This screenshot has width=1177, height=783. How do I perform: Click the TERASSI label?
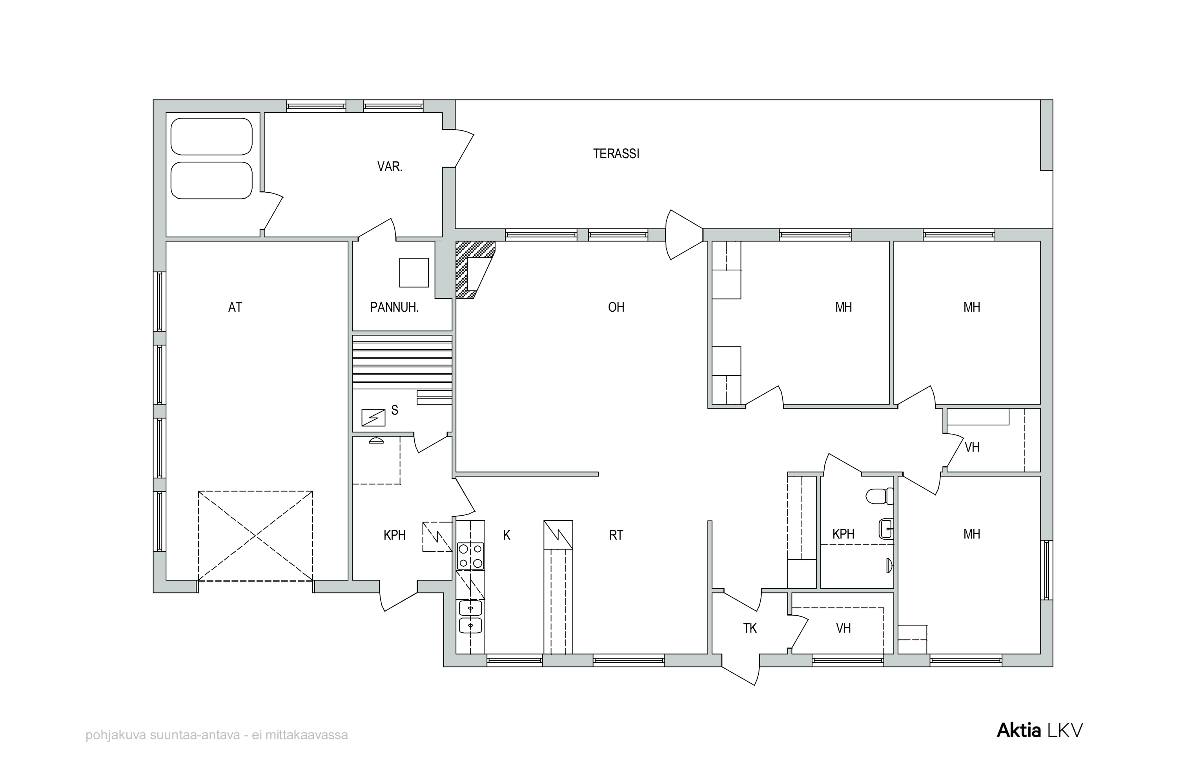[x=616, y=154]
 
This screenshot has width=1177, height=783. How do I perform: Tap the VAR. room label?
[x=389, y=167]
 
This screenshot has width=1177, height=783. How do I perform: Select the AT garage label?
[x=235, y=307]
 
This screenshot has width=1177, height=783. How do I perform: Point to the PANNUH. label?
[x=394, y=307]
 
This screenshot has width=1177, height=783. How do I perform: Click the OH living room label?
[x=616, y=307]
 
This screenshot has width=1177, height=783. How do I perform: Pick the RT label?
[x=616, y=535]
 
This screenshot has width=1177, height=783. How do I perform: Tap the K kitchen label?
[x=507, y=535]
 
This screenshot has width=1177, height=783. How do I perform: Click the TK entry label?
[x=750, y=628]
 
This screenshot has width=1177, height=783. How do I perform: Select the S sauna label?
[x=395, y=411]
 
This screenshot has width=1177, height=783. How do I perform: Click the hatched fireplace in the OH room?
[x=475, y=270]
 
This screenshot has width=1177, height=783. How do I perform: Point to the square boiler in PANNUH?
[x=414, y=273]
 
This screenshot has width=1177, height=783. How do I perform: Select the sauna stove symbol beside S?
[x=373, y=418]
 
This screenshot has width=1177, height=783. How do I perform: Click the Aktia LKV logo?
[x=1040, y=730]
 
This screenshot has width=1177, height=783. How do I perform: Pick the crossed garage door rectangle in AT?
[x=255, y=536]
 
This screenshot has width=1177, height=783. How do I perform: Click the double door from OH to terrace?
[x=684, y=235]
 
